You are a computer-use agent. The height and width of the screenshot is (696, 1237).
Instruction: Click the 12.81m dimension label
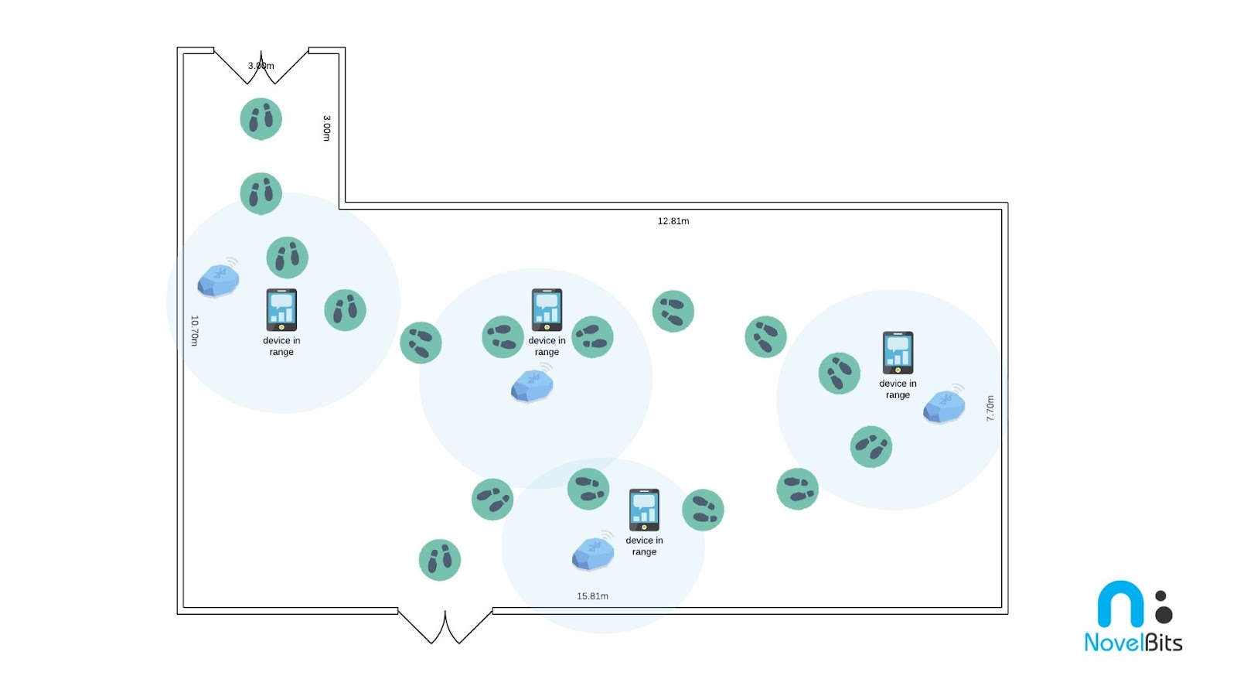pyautogui.click(x=673, y=221)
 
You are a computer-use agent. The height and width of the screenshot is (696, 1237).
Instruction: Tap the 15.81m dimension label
pyautogui.click(x=592, y=596)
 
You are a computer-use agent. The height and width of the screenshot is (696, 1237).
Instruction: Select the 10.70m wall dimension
pyautogui.click(x=195, y=330)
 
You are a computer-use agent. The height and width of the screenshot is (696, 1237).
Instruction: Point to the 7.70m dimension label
pyautogui.click(x=990, y=408)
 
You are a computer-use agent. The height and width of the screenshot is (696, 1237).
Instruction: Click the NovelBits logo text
pyautogui.click(x=1133, y=642)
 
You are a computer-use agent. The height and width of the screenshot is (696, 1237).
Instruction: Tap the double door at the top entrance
pyautogui.click(x=261, y=66)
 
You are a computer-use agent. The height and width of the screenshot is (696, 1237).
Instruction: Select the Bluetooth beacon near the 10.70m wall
pyautogui.click(x=218, y=280)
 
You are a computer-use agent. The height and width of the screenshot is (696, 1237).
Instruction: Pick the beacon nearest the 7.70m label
pyautogui.click(x=944, y=405)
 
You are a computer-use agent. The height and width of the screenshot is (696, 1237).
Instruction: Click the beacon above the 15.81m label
pyautogui.click(x=593, y=553)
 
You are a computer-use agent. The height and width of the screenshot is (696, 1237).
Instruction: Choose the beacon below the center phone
pyautogui.click(x=532, y=384)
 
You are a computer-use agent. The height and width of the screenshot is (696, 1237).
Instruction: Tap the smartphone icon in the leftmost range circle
pyautogui.click(x=281, y=310)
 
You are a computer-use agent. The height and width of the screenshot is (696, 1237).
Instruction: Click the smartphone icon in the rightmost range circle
pyautogui.click(x=898, y=353)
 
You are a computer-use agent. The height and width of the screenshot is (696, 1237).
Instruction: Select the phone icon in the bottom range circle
pyautogui.click(x=644, y=510)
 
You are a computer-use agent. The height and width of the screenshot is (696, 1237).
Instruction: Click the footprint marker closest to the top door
pyautogui.click(x=261, y=119)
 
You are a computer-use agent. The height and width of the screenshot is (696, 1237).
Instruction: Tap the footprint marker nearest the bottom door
pyautogui.click(x=440, y=560)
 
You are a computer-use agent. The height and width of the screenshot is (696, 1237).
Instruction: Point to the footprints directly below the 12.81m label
pyautogui.click(x=673, y=312)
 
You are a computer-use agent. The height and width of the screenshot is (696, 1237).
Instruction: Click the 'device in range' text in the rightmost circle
pyautogui.click(x=898, y=389)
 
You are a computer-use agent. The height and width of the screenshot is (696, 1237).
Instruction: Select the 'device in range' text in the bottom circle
pyautogui.click(x=644, y=546)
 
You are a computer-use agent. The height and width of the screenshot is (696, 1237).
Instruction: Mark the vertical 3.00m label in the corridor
pyautogui.click(x=326, y=128)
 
